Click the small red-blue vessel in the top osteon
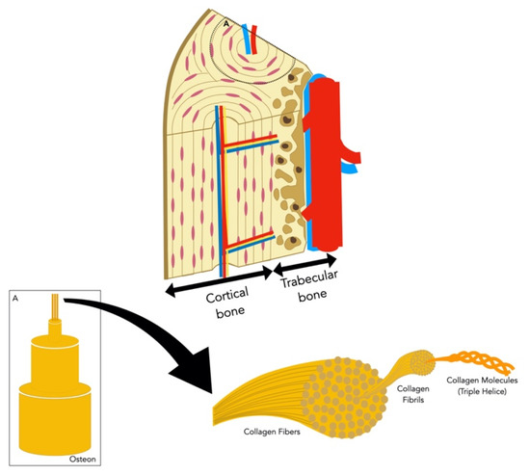pyautogui.click(x=252, y=39)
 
